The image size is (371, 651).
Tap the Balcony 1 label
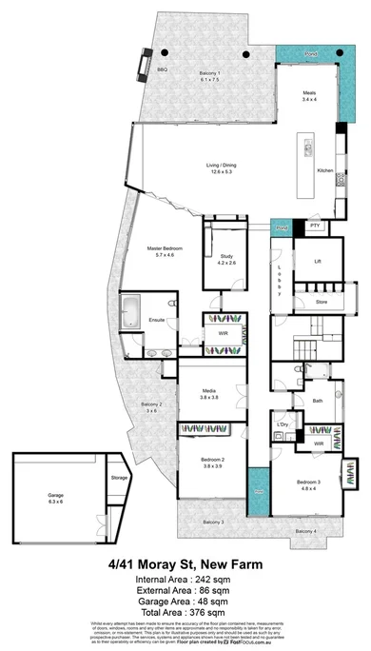[210, 76]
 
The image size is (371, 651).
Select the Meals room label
[307, 92]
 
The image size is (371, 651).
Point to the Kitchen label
[325, 170]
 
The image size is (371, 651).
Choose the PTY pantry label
[315, 226]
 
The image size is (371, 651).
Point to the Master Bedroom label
[165, 251]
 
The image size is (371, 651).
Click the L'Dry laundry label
[283, 423]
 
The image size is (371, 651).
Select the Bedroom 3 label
[310, 484]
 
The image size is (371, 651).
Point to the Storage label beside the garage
[118, 478]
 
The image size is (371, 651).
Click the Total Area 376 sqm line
[185, 616]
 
